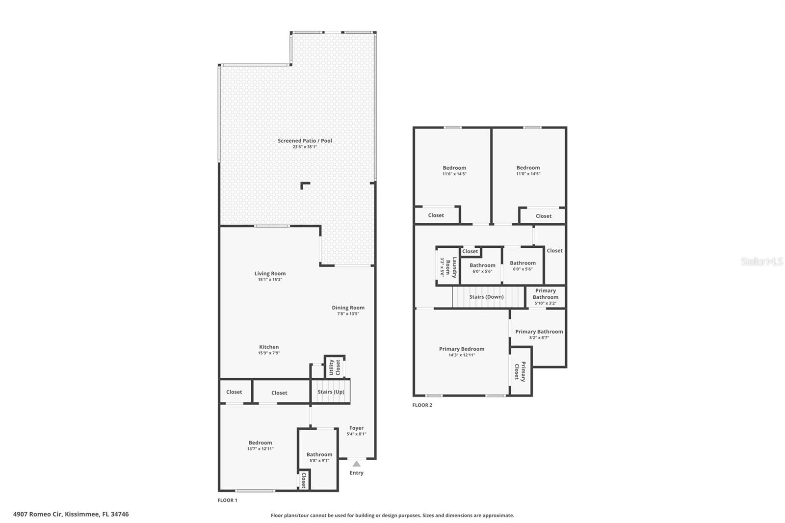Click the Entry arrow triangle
356,464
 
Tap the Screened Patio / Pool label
305,141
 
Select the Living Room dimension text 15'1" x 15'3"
270,279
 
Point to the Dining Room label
348,308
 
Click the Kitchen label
269,347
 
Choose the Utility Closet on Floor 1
335,367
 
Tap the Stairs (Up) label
331,392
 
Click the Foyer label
356,428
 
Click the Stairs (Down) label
486,296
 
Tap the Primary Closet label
520,371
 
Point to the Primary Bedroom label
462,349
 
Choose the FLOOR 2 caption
422,405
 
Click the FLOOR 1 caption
228,500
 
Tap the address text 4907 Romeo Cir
38,514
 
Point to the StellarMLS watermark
762,261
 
